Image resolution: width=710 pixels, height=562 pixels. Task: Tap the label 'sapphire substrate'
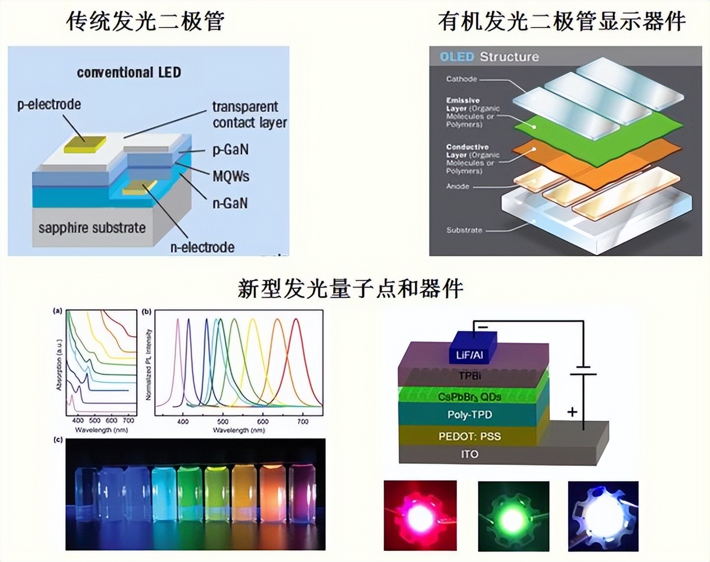click(x=92, y=228)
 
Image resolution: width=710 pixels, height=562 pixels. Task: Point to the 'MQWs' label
click(x=231, y=176)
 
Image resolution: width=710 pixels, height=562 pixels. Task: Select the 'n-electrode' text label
click(x=203, y=247)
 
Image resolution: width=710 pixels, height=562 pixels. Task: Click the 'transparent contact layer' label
click(x=249, y=115)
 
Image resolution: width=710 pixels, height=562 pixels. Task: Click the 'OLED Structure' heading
click(x=489, y=57)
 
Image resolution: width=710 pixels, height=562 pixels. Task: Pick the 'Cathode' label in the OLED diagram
click(x=461, y=79)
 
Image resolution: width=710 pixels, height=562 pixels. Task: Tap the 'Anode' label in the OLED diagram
click(x=457, y=186)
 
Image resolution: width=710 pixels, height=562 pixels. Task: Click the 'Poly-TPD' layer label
click(x=470, y=415)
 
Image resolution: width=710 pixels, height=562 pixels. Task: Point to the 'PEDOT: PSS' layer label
click(x=470, y=436)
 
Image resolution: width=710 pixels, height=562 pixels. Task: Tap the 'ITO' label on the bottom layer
click(x=469, y=454)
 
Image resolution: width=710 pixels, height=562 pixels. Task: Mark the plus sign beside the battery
click(x=572, y=412)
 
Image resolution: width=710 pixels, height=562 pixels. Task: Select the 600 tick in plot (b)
click(x=263, y=421)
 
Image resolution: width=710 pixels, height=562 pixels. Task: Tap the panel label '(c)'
click(x=57, y=439)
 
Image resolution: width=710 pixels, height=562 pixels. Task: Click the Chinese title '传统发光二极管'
click(x=145, y=21)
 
